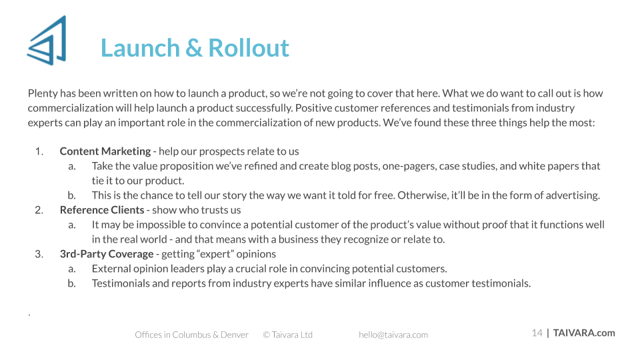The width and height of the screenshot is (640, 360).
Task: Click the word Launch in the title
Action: pyautogui.click(x=140, y=48)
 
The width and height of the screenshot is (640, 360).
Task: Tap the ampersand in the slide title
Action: pyautogui.click(x=194, y=48)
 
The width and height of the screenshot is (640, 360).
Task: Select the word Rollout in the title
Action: pyautogui.click(x=249, y=48)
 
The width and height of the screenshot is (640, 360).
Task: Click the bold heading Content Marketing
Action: pyautogui.click(x=105, y=151)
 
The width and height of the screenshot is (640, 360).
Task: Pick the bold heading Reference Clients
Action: pyautogui.click(x=102, y=210)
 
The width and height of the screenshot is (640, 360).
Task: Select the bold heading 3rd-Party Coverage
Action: pyautogui.click(x=107, y=254)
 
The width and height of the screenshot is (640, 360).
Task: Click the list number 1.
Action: pyautogui.click(x=39, y=151)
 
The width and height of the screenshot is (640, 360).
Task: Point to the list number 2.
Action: pyautogui.click(x=39, y=210)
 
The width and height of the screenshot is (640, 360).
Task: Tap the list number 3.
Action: pyautogui.click(x=39, y=254)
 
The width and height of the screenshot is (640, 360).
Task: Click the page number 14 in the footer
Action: pyautogui.click(x=537, y=333)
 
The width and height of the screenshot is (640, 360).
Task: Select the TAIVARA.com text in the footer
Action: pyautogui.click(x=584, y=333)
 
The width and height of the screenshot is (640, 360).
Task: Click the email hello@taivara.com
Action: pyautogui.click(x=393, y=335)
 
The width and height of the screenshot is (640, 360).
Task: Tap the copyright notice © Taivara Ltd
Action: pyautogui.click(x=288, y=335)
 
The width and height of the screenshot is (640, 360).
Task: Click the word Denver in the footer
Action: pyautogui.click(x=235, y=335)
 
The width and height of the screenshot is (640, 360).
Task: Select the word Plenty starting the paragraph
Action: pyautogui.click(x=43, y=93)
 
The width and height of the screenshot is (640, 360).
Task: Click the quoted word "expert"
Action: pyautogui.click(x=215, y=254)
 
